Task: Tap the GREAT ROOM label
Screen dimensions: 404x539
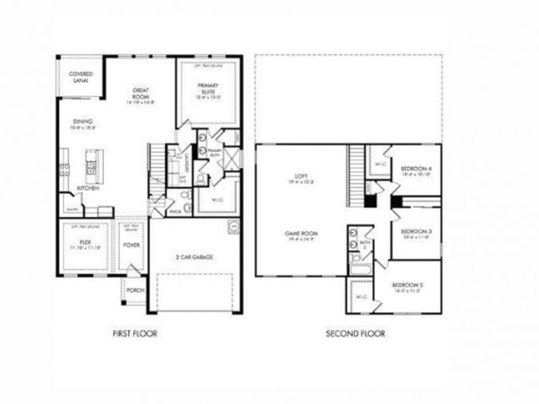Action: (141, 93)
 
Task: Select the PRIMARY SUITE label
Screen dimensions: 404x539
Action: (209, 89)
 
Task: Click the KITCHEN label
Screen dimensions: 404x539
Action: (87, 188)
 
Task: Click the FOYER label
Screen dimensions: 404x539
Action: (131, 244)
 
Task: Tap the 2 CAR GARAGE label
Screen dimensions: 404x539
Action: (194, 257)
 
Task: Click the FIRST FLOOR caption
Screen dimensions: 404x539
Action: (135, 333)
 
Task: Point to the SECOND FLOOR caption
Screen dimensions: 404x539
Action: (355, 333)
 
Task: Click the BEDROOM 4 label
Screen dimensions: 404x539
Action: (416, 169)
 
